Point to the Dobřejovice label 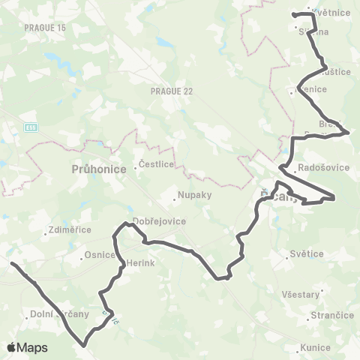click(154, 221)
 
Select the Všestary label click(301, 294)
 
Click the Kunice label click(315, 347)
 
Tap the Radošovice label click(324, 167)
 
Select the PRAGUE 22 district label click(166, 91)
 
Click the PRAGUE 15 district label click(45, 27)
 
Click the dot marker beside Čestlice click(136, 168)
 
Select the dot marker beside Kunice click(299, 347)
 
